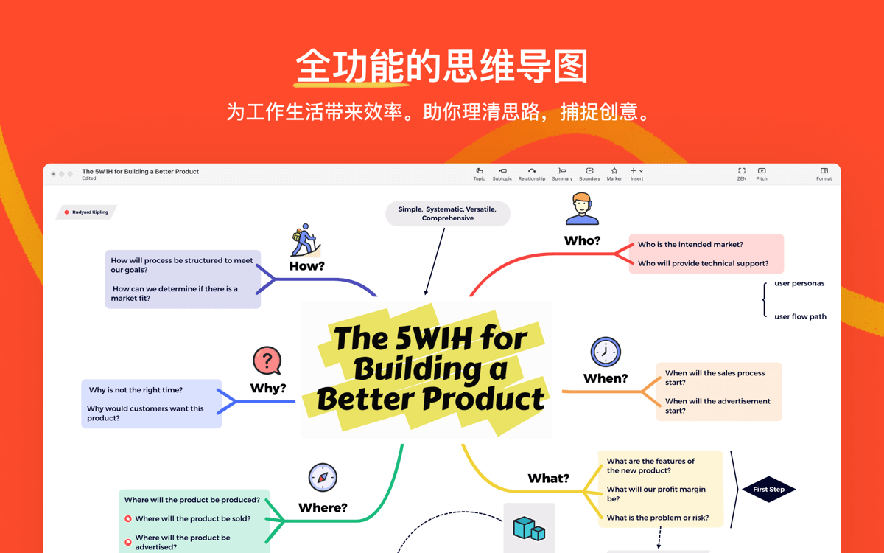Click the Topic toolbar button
(x=479, y=174)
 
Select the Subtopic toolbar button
(x=502, y=174)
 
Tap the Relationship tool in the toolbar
(x=532, y=174)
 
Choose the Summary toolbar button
(x=562, y=174)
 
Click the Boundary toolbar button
(x=589, y=174)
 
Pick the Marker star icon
(x=614, y=170)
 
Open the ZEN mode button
(x=742, y=174)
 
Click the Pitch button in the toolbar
(x=762, y=174)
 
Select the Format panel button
(x=824, y=174)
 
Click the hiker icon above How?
(x=306, y=240)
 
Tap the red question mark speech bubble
(x=267, y=361)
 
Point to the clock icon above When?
(x=606, y=352)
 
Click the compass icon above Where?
(x=323, y=477)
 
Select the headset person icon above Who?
(x=582, y=209)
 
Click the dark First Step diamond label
(x=769, y=490)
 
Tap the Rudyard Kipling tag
(x=86, y=212)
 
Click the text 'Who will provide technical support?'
(x=704, y=263)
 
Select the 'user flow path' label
(x=800, y=316)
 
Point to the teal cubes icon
(x=529, y=528)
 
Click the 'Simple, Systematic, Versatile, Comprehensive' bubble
(x=448, y=214)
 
